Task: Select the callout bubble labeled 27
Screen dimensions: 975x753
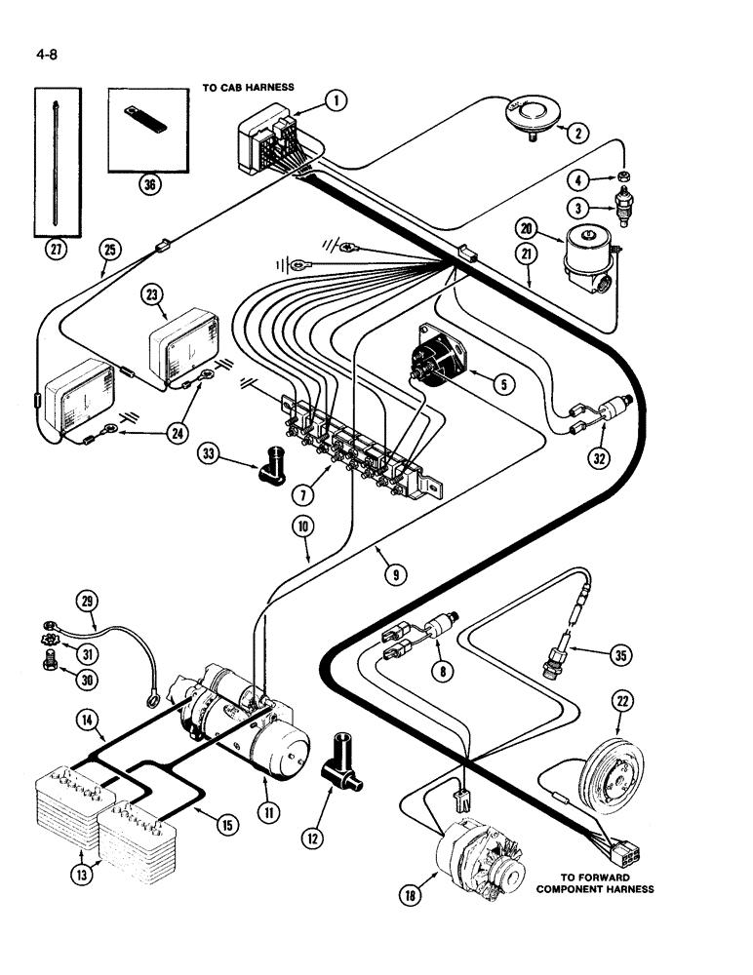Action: [x=58, y=248]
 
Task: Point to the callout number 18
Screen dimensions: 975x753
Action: [x=413, y=892]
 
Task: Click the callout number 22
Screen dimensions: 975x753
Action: [x=621, y=701]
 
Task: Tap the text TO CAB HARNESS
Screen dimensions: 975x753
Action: [x=248, y=87]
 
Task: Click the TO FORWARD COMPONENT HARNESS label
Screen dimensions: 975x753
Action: [x=608, y=882]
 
